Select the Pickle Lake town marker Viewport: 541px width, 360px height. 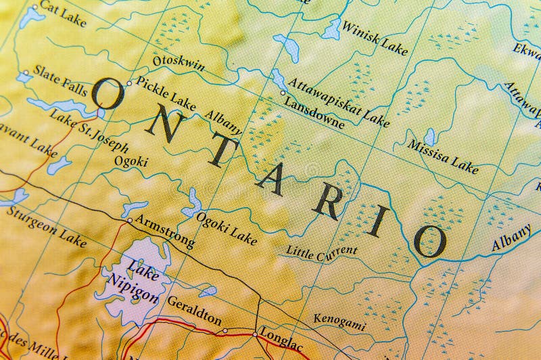tap(129, 83)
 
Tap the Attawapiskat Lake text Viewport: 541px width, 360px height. tap(338, 102)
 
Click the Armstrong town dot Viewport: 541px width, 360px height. tap(130, 220)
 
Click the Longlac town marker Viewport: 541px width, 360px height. tap(254, 334)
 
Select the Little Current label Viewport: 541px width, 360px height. tap(321, 251)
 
